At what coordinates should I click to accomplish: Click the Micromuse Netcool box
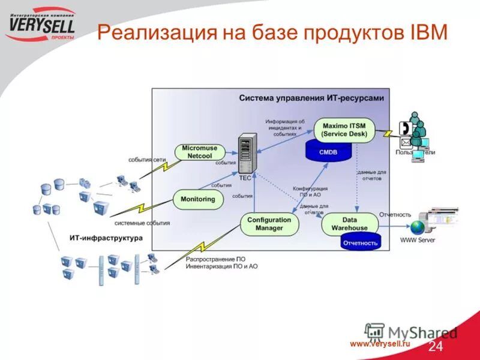[x=200, y=152]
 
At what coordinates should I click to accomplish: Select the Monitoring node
[x=198, y=199]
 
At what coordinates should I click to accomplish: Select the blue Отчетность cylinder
[x=360, y=242]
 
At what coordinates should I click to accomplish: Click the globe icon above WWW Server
[x=416, y=227]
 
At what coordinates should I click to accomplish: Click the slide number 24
[x=436, y=347]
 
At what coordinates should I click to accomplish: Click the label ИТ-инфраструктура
[x=106, y=238]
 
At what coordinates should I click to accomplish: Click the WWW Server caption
[x=418, y=241]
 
